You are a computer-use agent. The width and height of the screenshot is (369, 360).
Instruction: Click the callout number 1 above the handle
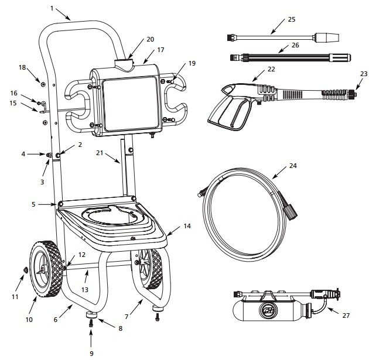52,8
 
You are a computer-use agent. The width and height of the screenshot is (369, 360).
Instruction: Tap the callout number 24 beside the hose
293,166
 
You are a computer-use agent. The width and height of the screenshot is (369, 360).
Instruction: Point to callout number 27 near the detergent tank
346,316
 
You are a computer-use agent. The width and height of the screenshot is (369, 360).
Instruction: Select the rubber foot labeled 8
92,316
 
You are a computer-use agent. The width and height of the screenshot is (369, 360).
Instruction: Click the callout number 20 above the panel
150,39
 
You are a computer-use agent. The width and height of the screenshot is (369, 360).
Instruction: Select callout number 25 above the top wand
291,19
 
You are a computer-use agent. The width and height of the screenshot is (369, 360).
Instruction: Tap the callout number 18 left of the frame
22,67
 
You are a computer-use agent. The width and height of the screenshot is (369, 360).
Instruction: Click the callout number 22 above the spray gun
270,70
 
